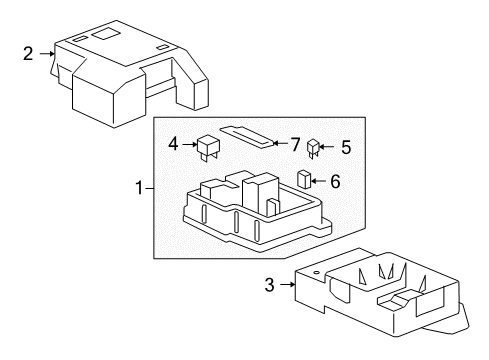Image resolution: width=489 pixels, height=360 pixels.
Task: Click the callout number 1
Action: pyautogui.click(x=139, y=188)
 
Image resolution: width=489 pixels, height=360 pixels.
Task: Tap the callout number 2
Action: pyautogui.click(x=28, y=53)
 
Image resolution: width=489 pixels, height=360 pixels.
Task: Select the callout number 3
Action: pyautogui.click(x=269, y=285)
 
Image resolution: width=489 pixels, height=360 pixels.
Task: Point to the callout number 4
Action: pyautogui.click(x=173, y=144)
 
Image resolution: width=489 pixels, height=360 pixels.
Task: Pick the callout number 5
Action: pyautogui.click(x=346, y=147)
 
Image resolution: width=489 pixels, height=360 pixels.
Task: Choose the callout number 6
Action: pyautogui.click(x=335, y=181)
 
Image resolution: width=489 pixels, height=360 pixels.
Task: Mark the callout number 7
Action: pyautogui.click(x=295, y=145)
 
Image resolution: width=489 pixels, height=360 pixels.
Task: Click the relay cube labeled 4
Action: pyautogui.click(x=209, y=148)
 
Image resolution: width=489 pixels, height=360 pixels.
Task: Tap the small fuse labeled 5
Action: pyautogui.click(x=313, y=149)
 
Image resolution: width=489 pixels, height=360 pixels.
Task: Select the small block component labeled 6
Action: pyautogui.click(x=304, y=180)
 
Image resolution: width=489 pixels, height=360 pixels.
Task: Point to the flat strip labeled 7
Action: pyautogui.click(x=247, y=137)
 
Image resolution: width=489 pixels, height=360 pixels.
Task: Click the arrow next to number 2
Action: pyautogui.click(x=47, y=53)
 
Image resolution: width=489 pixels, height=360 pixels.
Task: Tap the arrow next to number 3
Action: pyautogui.click(x=288, y=285)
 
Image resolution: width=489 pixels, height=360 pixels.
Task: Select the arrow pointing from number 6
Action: pyautogui.click(x=318, y=181)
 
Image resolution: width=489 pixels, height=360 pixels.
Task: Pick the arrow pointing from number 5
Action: pyautogui.click(x=327, y=146)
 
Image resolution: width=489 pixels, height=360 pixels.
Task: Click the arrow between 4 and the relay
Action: pyautogui.click(x=190, y=144)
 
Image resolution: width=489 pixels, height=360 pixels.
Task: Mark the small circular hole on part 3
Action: pyautogui.click(x=317, y=272)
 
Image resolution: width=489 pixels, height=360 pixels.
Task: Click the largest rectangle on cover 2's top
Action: pyautogui.click(x=104, y=34)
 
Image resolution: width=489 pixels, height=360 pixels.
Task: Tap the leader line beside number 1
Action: pyautogui.click(x=149, y=189)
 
